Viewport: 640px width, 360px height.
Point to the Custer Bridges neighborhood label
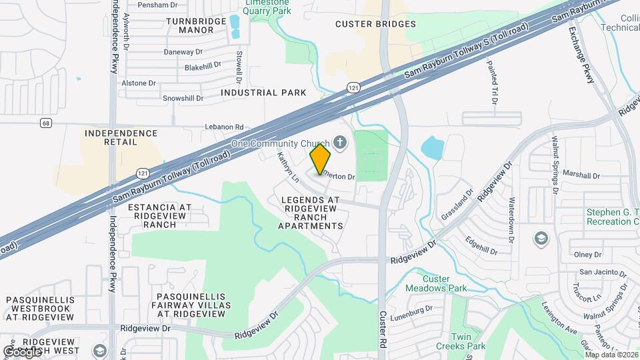point(375,24)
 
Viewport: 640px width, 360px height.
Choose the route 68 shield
point(45,123)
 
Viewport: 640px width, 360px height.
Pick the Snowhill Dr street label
point(183,98)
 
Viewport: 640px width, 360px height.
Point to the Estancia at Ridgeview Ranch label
point(159,215)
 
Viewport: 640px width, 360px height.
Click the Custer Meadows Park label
point(437,283)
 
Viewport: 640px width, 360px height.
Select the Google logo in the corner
point(22,351)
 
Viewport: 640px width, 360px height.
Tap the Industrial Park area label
point(263,93)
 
